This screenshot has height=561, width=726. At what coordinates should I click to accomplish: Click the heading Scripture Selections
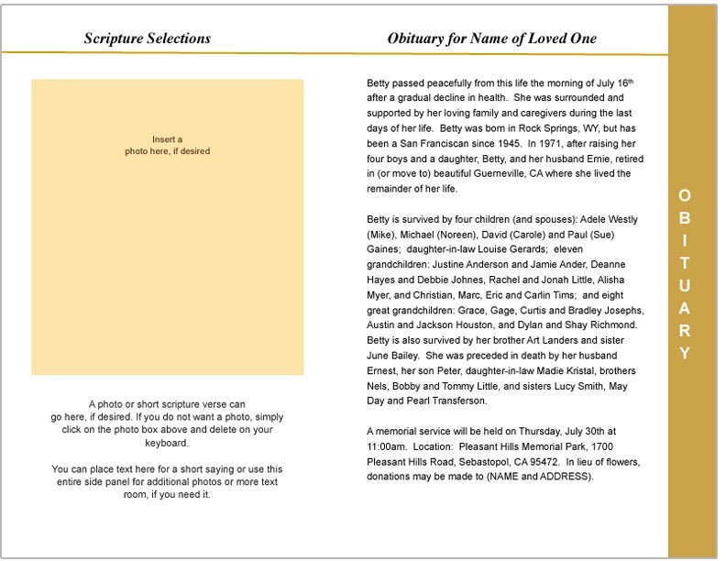point(147,38)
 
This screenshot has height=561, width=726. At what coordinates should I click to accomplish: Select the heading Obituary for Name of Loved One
point(491,38)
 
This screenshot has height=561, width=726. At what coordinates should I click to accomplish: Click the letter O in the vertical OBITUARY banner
point(685,195)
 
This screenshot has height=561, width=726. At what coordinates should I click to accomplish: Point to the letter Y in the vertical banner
point(685,353)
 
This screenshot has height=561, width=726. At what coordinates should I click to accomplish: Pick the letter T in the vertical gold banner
point(685,262)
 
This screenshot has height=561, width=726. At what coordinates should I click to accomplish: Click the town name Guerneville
point(523,173)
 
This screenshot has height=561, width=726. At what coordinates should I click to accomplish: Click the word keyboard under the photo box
point(167,443)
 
